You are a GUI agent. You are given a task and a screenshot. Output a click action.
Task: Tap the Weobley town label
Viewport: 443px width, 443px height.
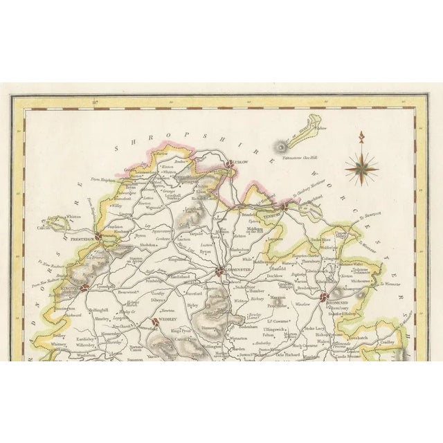pos(167,321)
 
